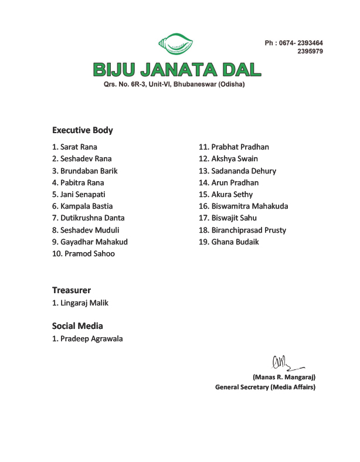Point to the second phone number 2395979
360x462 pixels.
click(310, 51)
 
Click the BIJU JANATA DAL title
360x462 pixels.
click(176, 70)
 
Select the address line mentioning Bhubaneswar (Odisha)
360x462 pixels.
click(174, 84)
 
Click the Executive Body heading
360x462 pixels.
click(82, 130)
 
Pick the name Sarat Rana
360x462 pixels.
click(74, 147)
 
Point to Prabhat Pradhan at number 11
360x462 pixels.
click(234, 147)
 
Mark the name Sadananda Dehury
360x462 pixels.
click(237, 171)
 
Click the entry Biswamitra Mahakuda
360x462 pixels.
click(243, 206)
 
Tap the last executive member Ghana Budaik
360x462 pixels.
click(229, 242)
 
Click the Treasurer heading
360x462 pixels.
click(71, 290)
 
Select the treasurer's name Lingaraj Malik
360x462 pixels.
click(80, 303)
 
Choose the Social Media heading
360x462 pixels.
click(77, 326)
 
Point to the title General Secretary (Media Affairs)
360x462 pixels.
click(265, 387)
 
